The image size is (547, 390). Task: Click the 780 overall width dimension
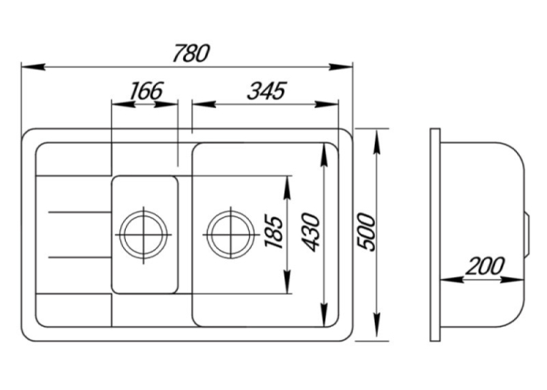click(x=191, y=53)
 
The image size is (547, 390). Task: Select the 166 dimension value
click(x=146, y=91)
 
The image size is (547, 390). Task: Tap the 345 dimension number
click(x=267, y=91)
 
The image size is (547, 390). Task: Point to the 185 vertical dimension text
click(x=273, y=233)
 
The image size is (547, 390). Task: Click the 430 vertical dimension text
click(x=310, y=233)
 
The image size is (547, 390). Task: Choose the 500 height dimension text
click(x=366, y=232)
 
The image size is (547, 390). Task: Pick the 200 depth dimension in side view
click(x=485, y=266)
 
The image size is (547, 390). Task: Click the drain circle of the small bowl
click(x=144, y=235)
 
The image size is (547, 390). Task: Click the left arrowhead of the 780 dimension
click(x=33, y=67)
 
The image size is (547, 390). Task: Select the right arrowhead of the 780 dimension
click(x=341, y=67)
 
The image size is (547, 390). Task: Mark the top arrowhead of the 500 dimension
click(x=376, y=141)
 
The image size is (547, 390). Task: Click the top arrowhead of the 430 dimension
click(x=324, y=155)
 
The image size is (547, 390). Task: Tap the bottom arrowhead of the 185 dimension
click(x=287, y=281)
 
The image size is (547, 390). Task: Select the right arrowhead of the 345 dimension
click(x=327, y=104)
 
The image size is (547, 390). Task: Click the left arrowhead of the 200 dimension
click(x=452, y=279)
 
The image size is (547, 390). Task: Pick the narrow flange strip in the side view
click(x=435, y=235)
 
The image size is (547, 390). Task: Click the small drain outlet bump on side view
click(x=528, y=235)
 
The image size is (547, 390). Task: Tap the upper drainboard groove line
click(x=80, y=212)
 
